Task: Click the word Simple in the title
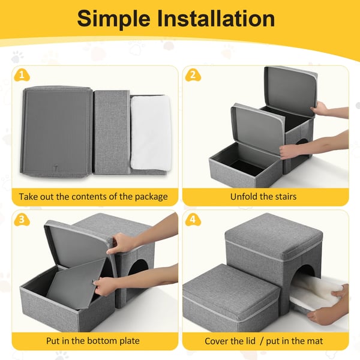113,19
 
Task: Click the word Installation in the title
216,19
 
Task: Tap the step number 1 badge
22,76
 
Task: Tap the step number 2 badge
193,76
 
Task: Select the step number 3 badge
22,220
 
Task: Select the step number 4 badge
193,220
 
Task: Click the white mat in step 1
151,133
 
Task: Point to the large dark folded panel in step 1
57,131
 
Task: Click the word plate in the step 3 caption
129,341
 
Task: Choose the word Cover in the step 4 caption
218,341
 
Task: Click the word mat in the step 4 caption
314,341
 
